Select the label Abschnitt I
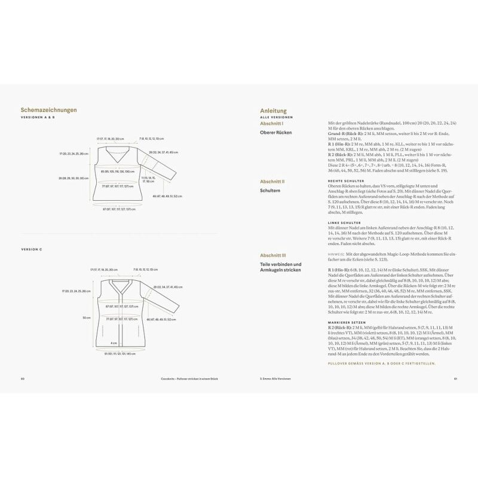click(272, 123)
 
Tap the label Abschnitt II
click(272, 181)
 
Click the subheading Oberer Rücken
click(276, 132)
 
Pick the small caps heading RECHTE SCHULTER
click(342, 180)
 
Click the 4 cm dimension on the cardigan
click(113, 343)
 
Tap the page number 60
click(22, 378)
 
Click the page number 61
click(455, 378)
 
